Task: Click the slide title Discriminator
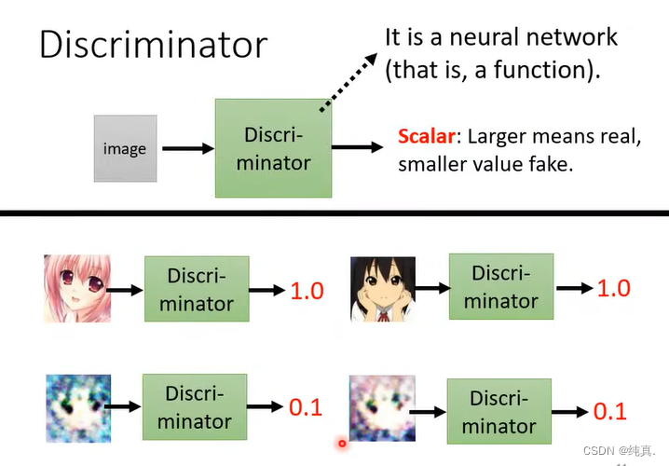tap(153, 45)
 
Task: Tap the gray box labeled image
tap(125, 148)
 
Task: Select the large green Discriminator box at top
tap(273, 148)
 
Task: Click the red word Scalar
tap(427, 136)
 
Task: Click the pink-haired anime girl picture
tap(76, 289)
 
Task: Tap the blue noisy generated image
tap(77, 407)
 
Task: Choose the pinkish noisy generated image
tap(381, 407)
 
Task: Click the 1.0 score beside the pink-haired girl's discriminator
tap(306, 291)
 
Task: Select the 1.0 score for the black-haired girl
tap(613, 288)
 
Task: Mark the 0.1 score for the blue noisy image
tap(305, 407)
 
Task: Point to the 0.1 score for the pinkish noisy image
tap(610, 411)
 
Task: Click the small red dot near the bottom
tap(342, 444)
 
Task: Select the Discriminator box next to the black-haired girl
tap(500, 287)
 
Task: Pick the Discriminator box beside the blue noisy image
tap(195, 406)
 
